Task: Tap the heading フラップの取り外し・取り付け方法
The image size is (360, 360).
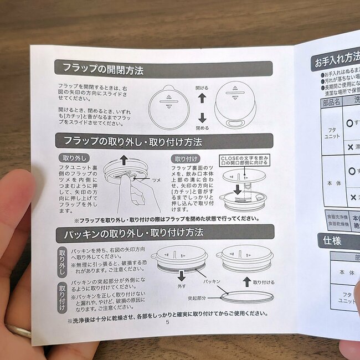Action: [x=133, y=142]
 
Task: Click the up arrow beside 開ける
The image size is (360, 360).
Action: [x=202, y=97]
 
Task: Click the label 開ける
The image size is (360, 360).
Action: [x=202, y=88]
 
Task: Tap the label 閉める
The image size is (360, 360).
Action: [x=203, y=128]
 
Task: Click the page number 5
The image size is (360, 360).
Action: [x=167, y=323]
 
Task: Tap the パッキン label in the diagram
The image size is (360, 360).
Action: [x=209, y=282]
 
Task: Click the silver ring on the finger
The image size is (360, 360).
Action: [x=17, y=331]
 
